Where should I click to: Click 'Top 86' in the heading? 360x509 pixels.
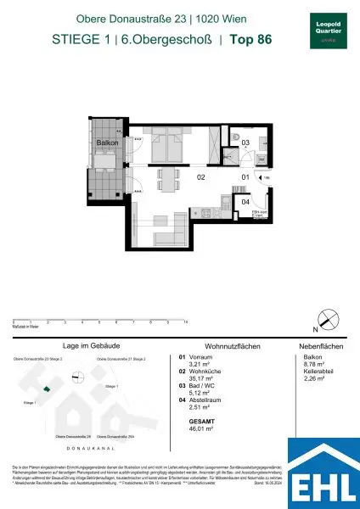[252, 37]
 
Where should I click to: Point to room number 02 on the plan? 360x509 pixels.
[202, 179]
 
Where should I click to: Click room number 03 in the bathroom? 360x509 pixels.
[245, 143]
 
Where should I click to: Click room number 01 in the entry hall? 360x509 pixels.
[245, 176]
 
